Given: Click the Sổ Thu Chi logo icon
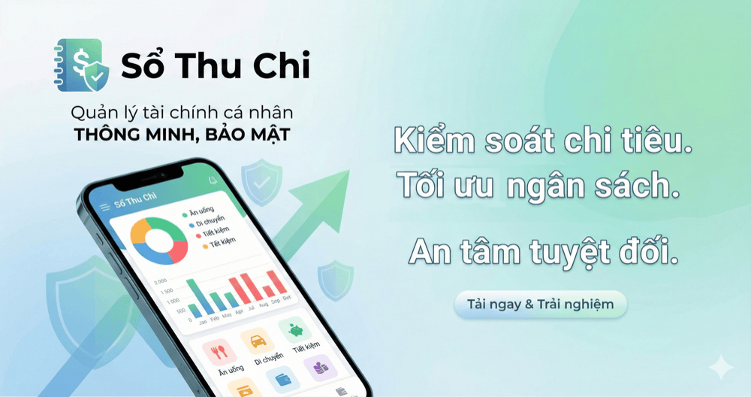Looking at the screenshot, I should point(83,66).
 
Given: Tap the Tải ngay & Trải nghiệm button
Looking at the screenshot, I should point(540,305).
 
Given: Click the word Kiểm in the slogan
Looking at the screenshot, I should point(434,141).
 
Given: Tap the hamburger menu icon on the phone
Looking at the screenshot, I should point(104,207).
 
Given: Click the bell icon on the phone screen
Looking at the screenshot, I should point(213,180).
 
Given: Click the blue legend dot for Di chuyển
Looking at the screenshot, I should point(189,223).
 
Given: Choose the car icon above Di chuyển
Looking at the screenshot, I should point(258,341).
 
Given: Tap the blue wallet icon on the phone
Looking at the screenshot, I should point(283,380).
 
